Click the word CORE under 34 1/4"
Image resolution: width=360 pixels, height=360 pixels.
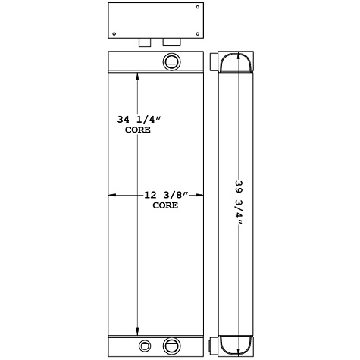(x=137, y=130)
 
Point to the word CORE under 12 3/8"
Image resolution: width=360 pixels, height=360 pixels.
(x=165, y=205)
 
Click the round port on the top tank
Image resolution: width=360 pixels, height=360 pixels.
(x=171, y=61)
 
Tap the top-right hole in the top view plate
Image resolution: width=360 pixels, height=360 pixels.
(x=198, y=7)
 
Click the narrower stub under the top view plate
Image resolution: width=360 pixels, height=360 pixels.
(x=144, y=42)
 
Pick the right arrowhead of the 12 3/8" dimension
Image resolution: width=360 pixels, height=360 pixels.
(x=202, y=196)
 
